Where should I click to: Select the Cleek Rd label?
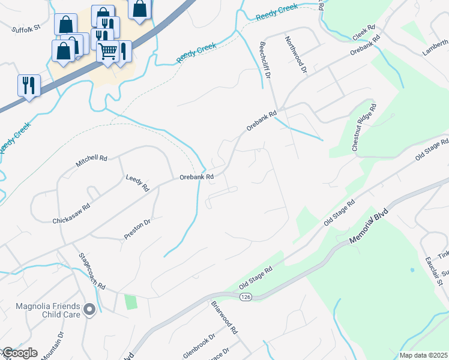tap(363, 32)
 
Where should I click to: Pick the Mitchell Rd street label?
tap(91, 161)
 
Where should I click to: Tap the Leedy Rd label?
tap(137, 183)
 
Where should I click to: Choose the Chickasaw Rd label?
tap(71, 212)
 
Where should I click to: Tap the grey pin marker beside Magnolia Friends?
tap(89, 310)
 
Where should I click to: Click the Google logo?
tap(19, 353)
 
